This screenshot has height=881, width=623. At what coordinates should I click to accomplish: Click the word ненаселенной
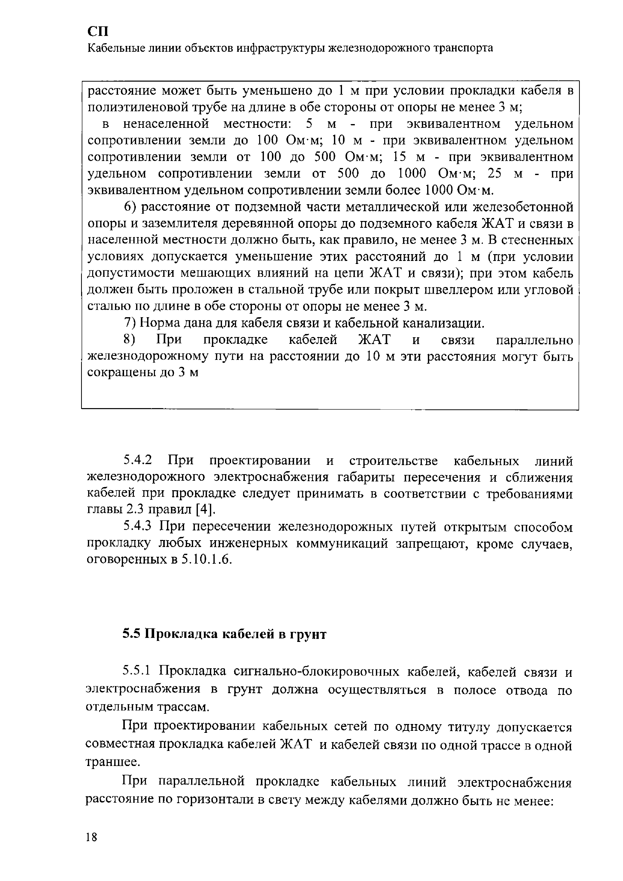pos(166,124)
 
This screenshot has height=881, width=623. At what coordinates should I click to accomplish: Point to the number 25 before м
pos(494,174)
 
